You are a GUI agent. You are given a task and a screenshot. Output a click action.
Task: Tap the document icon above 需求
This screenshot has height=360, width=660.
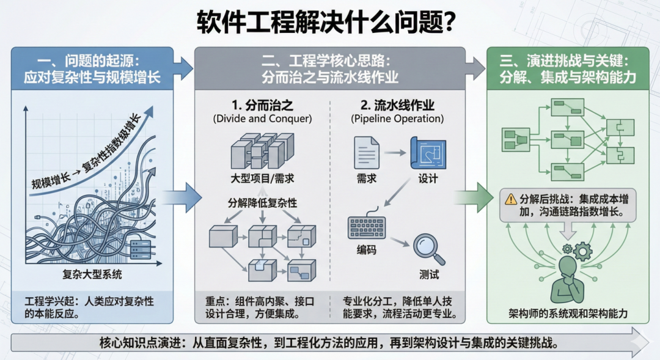click(366, 152)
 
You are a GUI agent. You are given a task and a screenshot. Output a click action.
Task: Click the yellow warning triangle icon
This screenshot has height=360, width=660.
click(510, 199)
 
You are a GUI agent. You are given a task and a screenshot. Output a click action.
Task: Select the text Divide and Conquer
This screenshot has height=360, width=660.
click(263, 118)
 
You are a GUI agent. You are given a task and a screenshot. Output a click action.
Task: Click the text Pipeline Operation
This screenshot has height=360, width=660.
click(397, 118)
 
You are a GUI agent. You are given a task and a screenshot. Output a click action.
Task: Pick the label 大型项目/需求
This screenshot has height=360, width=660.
click(263, 178)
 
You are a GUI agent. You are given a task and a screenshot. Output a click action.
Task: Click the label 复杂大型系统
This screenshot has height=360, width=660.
click(92, 274)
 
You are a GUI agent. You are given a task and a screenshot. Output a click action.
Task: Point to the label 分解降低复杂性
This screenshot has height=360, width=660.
click(263, 203)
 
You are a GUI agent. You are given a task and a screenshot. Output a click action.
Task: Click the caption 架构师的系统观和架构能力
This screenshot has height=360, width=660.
click(569, 314)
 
